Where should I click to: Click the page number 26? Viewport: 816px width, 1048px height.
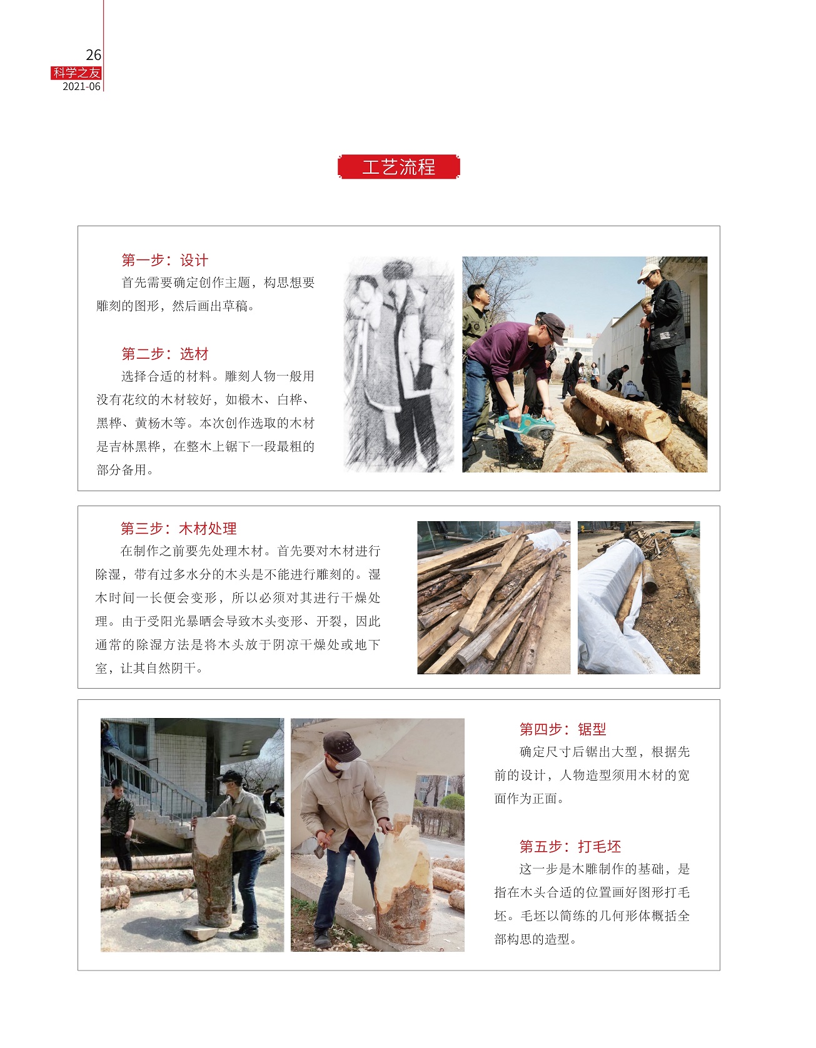pos(93,56)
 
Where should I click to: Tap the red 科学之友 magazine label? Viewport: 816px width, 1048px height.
pos(76,73)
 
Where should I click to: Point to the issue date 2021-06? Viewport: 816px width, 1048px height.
pos(81,87)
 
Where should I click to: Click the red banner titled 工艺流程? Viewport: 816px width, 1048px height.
pos(399,167)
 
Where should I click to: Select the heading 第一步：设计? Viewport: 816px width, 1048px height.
pos(164,260)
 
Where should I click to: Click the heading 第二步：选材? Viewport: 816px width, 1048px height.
pos(164,354)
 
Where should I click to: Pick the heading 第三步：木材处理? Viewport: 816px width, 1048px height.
pos(178,529)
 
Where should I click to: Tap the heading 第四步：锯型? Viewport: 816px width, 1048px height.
pos(563,729)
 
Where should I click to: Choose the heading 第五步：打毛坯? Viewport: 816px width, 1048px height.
pos(570,846)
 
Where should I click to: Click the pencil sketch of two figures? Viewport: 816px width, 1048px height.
pos(399,364)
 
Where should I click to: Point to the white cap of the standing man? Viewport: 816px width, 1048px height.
pos(648,272)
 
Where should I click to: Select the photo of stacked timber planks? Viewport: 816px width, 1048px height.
pos(494,597)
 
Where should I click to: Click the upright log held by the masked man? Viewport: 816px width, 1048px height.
pos(213,872)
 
